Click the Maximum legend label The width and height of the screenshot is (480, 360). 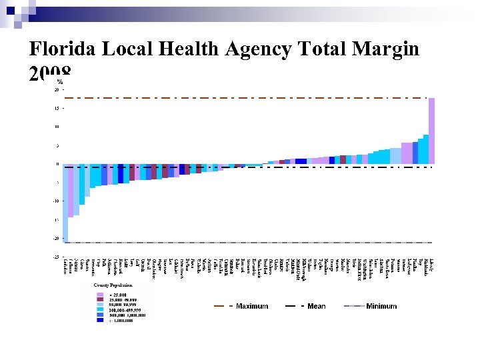point(252,306)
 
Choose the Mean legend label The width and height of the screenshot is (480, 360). point(317,306)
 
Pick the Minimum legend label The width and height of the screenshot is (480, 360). point(381,306)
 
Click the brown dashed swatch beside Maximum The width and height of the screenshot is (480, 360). point(222,306)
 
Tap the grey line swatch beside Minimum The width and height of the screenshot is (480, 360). point(353,306)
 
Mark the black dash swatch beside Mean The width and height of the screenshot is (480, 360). point(294,306)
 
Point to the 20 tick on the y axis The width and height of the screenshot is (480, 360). point(57,89)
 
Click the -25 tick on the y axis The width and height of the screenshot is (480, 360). point(55,257)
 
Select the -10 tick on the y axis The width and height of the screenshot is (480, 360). point(55,201)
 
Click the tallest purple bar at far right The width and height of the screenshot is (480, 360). point(431,130)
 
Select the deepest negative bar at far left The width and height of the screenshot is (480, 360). point(65,203)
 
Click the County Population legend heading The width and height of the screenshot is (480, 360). point(113,285)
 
